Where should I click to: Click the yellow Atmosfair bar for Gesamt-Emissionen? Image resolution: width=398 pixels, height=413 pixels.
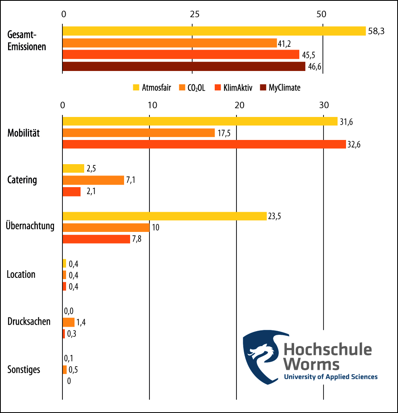click(x=214, y=31)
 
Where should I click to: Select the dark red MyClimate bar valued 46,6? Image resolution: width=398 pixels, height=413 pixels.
click(x=184, y=67)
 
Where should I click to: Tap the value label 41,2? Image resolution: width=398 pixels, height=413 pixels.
click(x=284, y=43)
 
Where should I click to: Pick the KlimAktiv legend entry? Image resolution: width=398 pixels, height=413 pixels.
click(x=234, y=88)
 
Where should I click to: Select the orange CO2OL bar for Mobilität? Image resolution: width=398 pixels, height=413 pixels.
click(x=139, y=133)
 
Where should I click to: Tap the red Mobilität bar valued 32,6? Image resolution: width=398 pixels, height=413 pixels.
click(x=204, y=144)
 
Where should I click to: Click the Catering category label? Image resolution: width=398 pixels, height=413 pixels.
click(x=22, y=180)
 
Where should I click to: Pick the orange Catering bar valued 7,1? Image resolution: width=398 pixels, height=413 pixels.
click(x=93, y=180)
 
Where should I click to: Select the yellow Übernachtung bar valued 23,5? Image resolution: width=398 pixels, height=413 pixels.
click(x=164, y=216)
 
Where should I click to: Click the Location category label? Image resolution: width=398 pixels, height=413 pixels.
click(x=21, y=275)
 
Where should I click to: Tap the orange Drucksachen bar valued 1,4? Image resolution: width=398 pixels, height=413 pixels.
click(x=68, y=322)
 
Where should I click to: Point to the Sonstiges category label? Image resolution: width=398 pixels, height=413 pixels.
click(x=24, y=369)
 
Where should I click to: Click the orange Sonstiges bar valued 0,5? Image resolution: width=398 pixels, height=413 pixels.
click(x=64, y=369)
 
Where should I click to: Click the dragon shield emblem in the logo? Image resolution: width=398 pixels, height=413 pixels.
click(x=261, y=355)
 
